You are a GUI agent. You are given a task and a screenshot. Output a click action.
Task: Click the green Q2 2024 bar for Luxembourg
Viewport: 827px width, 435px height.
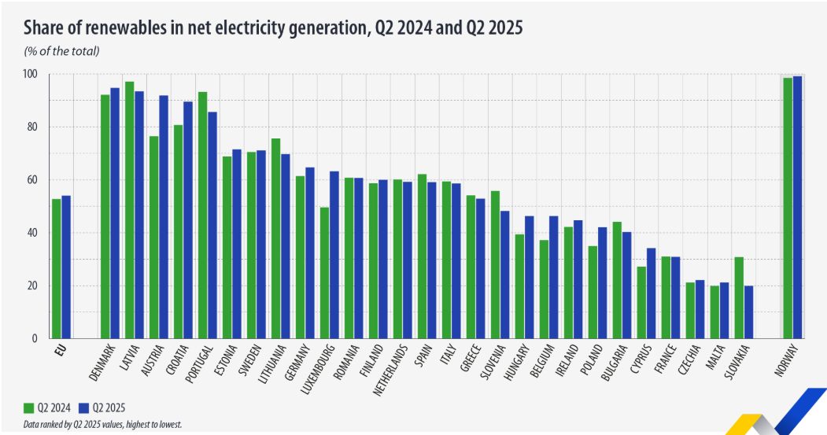pos(324,272)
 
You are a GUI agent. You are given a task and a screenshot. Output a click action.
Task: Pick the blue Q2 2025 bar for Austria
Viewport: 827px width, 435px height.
pos(164,216)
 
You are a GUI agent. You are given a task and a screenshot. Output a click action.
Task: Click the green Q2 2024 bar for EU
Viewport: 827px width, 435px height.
pos(57,268)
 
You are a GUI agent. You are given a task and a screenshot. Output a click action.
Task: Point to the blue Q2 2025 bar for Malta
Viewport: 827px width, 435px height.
pos(724,310)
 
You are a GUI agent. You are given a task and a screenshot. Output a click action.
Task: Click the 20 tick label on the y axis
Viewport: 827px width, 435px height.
pos(33,286)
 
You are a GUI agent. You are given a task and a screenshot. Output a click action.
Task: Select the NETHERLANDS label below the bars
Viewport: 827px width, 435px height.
pos(393,369)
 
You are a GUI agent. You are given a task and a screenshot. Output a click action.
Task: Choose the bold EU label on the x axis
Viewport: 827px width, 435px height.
pos(57,348)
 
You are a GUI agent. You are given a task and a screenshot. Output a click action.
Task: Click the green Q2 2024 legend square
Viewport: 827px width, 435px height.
pos(28,407)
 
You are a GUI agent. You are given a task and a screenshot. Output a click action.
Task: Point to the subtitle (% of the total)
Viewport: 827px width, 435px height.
pos(61,51)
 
